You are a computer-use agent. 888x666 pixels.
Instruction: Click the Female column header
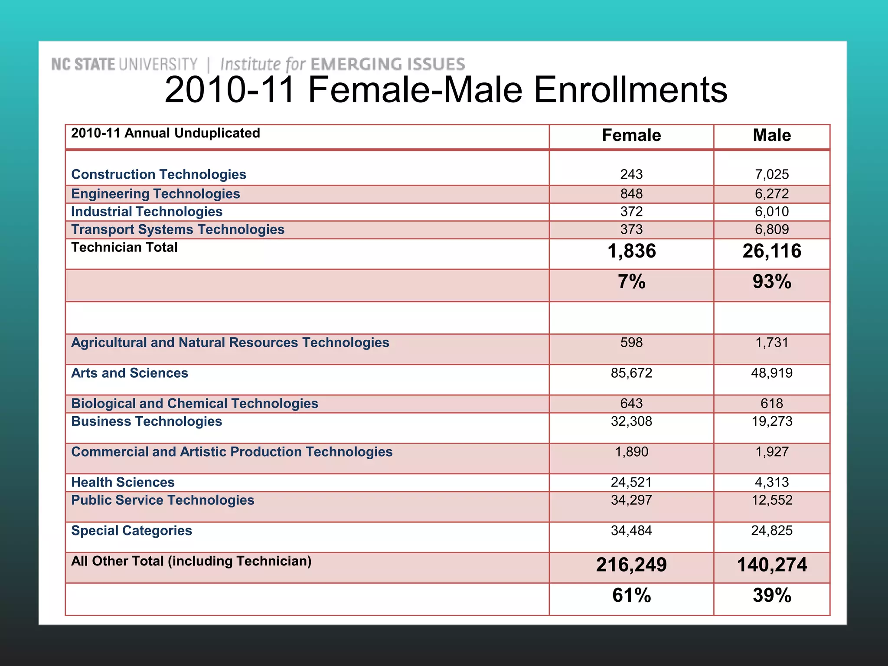[631, 135]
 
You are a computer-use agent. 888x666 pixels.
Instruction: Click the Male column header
[771, 135]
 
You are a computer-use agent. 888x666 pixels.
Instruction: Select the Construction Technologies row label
[159, 174]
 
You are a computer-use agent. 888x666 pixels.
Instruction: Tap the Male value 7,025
[771, 174]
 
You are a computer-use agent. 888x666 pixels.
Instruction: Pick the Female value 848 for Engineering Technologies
[631, 194]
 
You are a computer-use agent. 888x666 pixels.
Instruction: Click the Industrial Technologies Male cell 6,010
[771, 212]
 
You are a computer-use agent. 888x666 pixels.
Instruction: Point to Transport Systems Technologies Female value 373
[631, 229]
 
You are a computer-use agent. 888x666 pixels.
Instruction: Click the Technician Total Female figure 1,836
[631, 251]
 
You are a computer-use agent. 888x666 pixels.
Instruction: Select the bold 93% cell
[771, 282]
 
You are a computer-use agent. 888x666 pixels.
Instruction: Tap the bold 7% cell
[631, 282]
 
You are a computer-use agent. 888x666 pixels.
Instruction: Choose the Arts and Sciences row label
[130, 373]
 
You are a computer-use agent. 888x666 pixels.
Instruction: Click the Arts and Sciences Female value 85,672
[631, 373]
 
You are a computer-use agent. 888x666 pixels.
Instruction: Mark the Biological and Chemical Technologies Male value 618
[771, 404]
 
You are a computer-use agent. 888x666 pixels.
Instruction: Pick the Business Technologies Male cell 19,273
[771, 421]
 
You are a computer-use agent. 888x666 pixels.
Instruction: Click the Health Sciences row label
[123, 482]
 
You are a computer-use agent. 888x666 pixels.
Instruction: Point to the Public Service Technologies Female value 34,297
[631, 500]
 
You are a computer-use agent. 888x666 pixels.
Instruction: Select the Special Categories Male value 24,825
[771, 531]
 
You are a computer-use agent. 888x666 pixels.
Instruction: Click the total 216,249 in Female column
[631, 565]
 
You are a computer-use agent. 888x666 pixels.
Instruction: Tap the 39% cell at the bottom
[771, 596]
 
